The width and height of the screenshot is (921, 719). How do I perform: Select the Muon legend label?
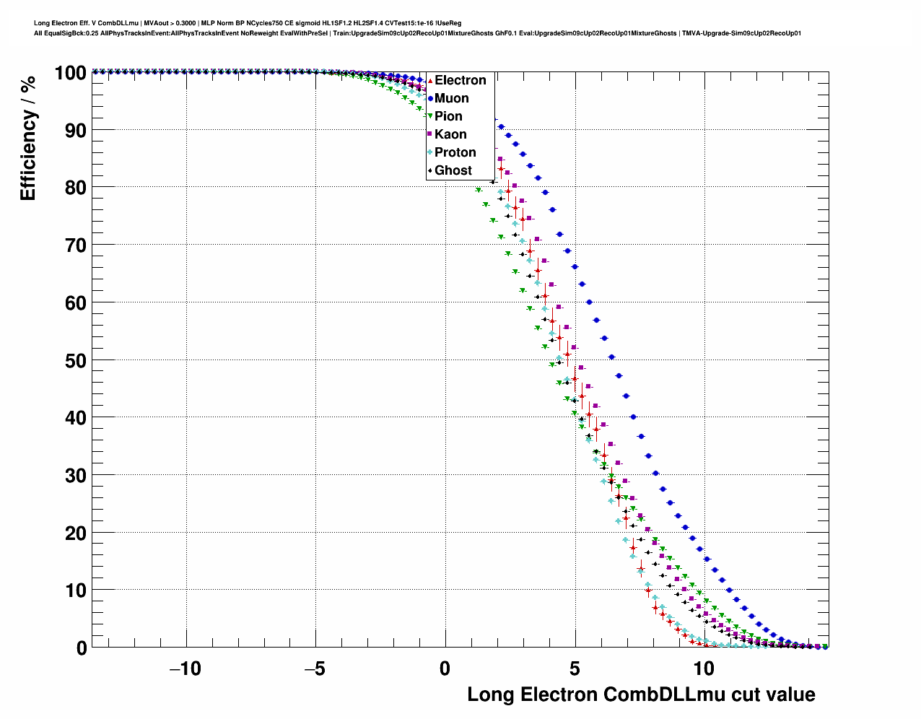451,98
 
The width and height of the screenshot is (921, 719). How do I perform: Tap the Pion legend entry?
448,116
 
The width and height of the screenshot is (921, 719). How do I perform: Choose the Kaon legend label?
450,134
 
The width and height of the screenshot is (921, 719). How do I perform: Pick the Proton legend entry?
455,152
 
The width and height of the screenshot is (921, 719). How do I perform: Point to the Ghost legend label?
453,170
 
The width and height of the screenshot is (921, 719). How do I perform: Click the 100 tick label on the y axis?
71,73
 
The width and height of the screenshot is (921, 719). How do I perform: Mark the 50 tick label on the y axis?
76,360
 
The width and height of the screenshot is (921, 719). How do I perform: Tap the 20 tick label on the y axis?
76,533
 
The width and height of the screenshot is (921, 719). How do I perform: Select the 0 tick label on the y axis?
82,648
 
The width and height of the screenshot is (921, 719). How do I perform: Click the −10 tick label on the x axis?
185,668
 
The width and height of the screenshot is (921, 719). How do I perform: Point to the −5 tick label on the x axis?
315,668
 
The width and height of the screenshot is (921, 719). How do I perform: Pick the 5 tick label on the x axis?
575,668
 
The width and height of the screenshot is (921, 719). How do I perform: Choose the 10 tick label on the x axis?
704,668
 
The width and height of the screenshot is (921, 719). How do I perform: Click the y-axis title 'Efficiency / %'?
27,138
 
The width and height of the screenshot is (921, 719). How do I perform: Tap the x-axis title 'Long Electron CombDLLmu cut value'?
641,694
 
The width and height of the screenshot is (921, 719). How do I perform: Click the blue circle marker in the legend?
430,98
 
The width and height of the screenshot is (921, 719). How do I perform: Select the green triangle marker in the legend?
430,116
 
